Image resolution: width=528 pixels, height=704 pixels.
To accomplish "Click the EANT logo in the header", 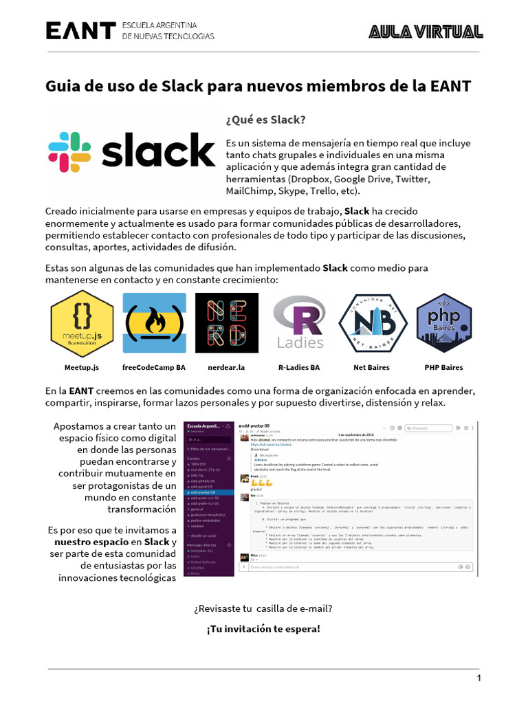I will coord(80,30).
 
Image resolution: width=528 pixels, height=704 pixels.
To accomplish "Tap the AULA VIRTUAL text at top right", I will coord(426,31).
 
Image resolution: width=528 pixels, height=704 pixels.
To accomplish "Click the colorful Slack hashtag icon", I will coord(69,152).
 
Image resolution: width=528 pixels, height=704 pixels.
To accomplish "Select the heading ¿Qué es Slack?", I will coord(265,120).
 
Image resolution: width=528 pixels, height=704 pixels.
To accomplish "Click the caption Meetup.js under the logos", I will coord(82,367).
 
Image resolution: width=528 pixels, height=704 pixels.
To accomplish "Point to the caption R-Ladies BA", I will coord(299,367).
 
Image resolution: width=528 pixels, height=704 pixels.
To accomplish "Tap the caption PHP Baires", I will coord(443,367).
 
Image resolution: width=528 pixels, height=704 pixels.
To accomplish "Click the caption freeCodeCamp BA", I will coord(154,367).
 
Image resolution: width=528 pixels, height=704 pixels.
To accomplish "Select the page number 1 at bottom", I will coord(479,679).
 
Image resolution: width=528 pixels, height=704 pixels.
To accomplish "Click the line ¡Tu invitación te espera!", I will coord(263,628).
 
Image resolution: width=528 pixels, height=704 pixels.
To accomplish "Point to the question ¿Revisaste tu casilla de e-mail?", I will coord(263,608).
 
